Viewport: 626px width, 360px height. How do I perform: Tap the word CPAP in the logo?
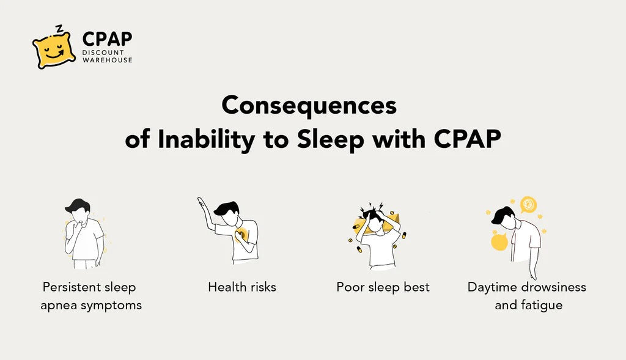click(107, 39)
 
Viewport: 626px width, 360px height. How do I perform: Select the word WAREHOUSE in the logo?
click(108, 61)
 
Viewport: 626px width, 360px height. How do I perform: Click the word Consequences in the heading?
click(309, 106)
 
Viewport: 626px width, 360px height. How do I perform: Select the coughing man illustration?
click(84, 233)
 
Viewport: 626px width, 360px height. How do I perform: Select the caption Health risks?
click(242, 287)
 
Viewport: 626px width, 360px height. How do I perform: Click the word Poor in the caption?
click(350, 287)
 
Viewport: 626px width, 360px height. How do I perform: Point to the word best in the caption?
click(416, 287)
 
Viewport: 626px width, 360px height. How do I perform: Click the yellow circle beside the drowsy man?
click(499, 241)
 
